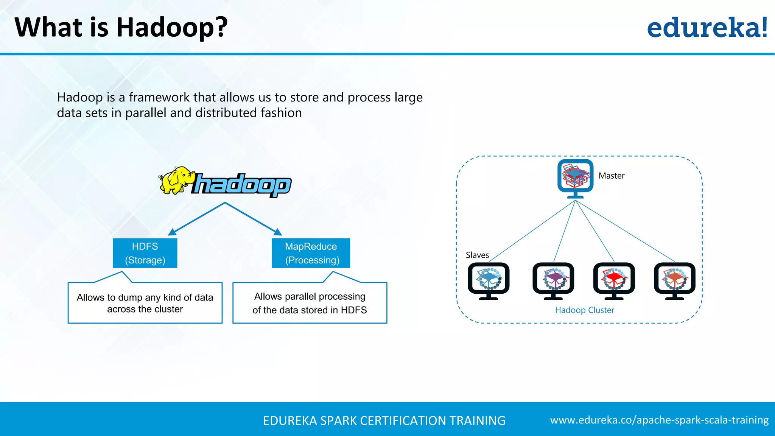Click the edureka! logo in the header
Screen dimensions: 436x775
(x=707, y=28)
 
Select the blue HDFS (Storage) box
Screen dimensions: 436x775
(x=145, y=253)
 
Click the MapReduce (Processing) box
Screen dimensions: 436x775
(x=311, y=253)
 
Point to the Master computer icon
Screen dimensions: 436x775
(x=575, y=178)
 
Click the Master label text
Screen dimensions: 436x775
(x=612, y=176)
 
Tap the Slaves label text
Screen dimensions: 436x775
(x=477, y=255)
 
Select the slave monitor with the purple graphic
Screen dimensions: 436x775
(x=553, y=280)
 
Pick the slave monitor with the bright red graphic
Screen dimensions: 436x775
(x=614, y=280)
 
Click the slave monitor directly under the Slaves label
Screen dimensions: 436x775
(x=489, y=280)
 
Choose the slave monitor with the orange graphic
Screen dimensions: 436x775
(x=675, y=280)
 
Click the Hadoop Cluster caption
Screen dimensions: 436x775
(x=585, y=310)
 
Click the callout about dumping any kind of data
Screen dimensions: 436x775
(x=145, y=303)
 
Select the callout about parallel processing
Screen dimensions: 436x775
(x=310, y=303)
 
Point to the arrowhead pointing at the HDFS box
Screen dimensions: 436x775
(x=172, y=232)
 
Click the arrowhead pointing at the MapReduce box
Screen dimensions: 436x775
(x=278, y=232)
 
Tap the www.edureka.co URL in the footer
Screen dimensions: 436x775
(x=659, y=420)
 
